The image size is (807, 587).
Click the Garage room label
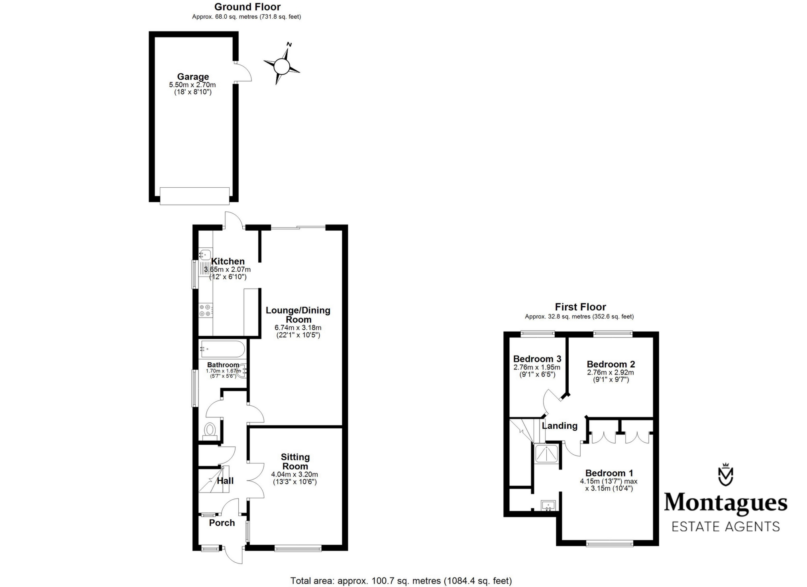[x=193, y=77]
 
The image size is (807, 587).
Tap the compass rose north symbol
[x=282, y=66]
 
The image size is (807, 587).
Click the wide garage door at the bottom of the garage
[x=194, y=196]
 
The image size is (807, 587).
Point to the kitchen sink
[x=206, y=254]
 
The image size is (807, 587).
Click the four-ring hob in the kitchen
[x=206, y=310]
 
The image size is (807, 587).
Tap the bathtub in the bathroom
[x=222, y=349]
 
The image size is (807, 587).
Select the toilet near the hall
[x=210, y=430]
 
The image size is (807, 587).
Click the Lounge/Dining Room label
[x=298, y=315]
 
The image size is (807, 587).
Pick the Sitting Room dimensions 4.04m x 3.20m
[x=295, y=474]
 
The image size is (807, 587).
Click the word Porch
[x=222, y=523]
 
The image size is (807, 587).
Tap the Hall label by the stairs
[x=225, y=481]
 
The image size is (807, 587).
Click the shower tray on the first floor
[x=548, y=454]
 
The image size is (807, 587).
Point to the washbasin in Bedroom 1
[x=548, y=506]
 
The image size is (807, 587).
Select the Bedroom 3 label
[x=537, y=359]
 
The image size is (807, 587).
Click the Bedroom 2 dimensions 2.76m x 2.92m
[x=610, y=373]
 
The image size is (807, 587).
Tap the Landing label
[x=560, y=426]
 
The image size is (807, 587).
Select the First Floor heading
[x=580, y=307]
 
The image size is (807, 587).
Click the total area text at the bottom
[x=401, y=581]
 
